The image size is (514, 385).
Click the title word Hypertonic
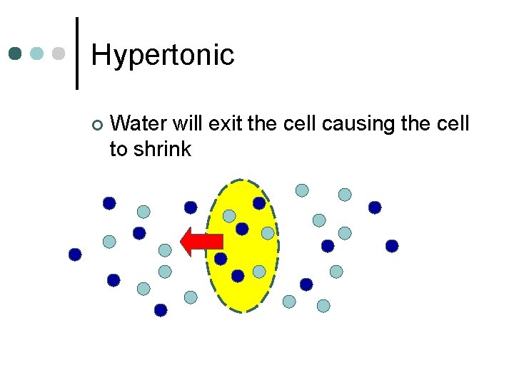[x=163, y=55]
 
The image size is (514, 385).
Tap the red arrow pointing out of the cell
[x=201, y=242]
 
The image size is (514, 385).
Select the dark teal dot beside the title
[x=16, y=54]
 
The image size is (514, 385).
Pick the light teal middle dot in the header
[x=38, y=54]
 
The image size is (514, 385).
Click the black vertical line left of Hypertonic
[x=76, y=53]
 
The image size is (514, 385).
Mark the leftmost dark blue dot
[x=75, y=254]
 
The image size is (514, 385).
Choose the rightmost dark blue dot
[x=392, y=246]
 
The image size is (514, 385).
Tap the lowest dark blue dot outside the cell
[x=161, y=310]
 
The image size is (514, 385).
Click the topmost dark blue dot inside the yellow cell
[x=259, y=203]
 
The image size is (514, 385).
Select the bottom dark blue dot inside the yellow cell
[x=238, y=276]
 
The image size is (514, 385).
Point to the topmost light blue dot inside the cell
[x=229, y=215]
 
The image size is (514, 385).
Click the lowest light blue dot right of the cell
[x=323, y=306]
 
